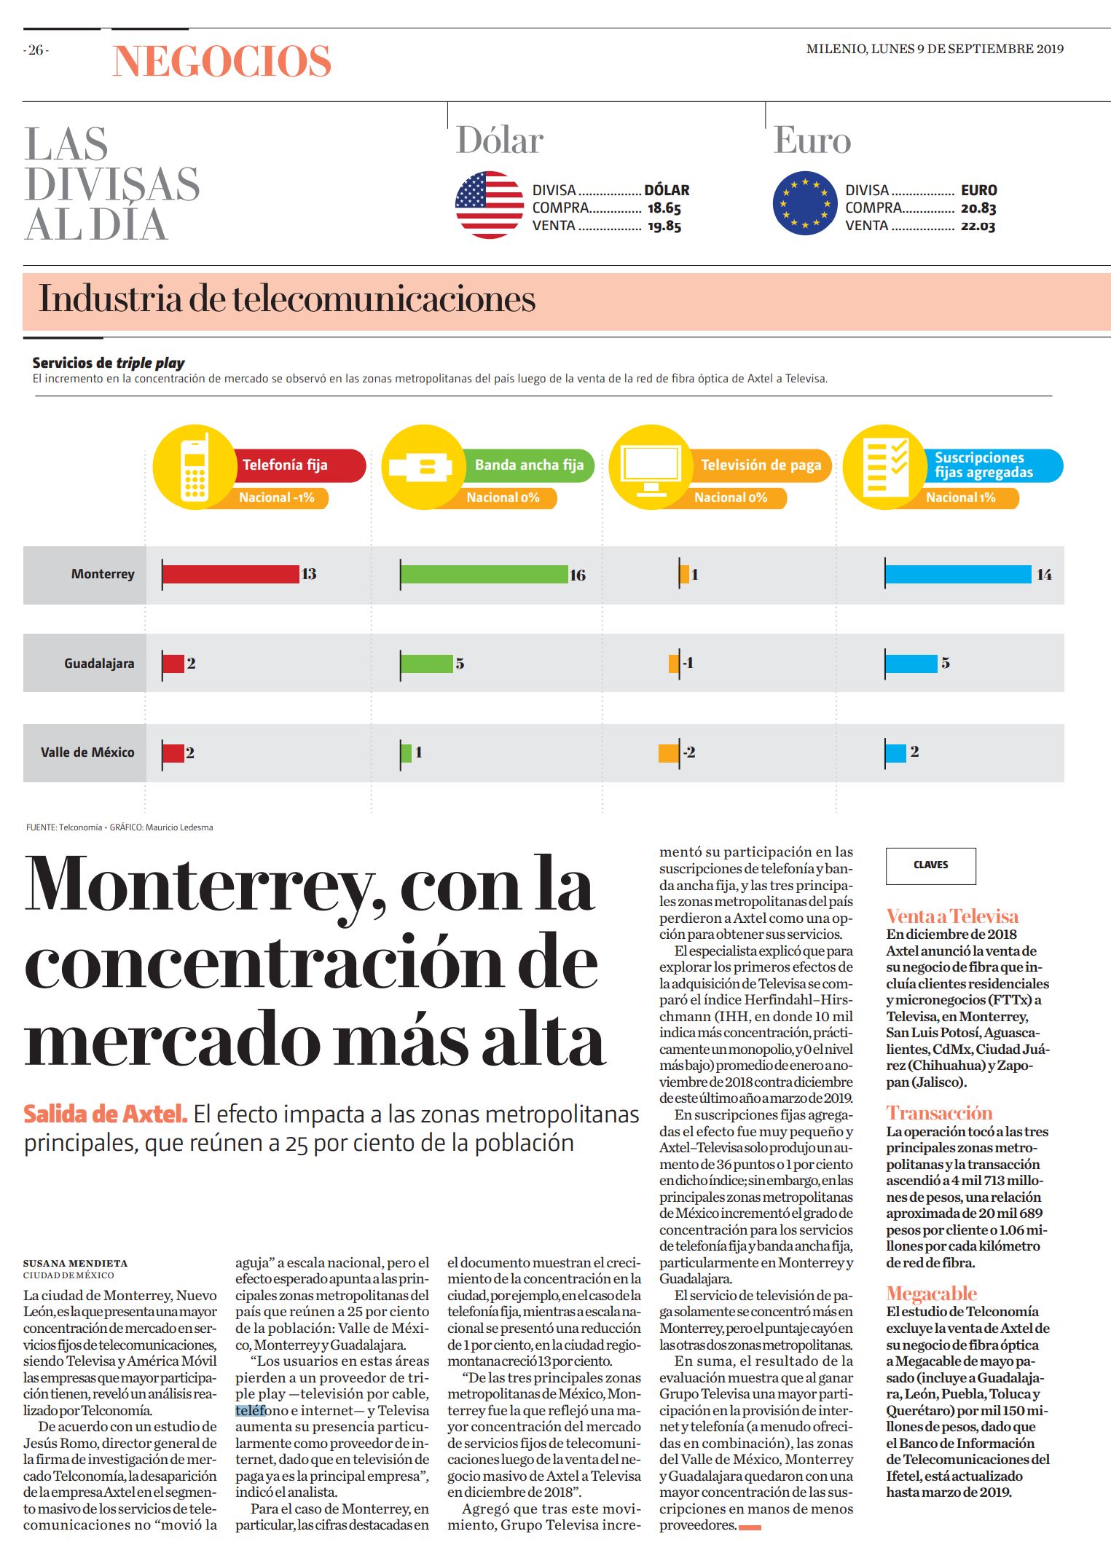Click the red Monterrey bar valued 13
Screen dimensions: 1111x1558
click(x=231, y=575)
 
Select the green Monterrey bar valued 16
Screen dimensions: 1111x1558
click(x=484, y=575)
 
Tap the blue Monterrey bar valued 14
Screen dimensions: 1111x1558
click(x=959, y=575)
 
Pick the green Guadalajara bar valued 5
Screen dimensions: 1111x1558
click(x=427, y=664)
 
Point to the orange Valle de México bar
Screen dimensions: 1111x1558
click(x=669, y=752)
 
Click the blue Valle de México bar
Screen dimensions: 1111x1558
click(x=896, y=752)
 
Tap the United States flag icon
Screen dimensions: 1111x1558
click(x=490, y=205)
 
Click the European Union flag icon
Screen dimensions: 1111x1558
click(x=805, y=203)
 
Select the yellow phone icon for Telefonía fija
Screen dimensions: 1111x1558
click(x=195, y=467)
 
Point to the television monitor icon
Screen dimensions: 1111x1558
click(x=651, y=468)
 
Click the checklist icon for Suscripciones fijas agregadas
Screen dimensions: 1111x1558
click(x=884, y=467)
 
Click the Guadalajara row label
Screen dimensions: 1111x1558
click(x=99, y=664)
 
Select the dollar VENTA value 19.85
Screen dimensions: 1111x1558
click(x=664, y=227)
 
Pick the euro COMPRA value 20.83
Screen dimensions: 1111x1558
click(x=978, y=208)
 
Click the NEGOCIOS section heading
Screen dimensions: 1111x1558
click(x=222, y=60)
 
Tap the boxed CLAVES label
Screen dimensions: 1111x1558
click(x=930, y=865)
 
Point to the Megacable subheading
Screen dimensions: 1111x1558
click(x=931, y=1294)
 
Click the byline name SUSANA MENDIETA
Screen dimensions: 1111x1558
click(x=76, y=1263)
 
